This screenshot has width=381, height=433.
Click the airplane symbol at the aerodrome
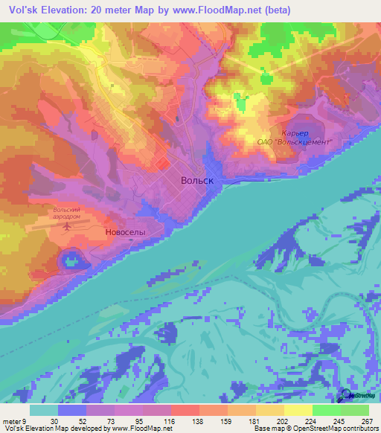[70, 225]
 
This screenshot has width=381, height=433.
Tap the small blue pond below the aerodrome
[71, 260]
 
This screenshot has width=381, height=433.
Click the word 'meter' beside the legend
[12, 420]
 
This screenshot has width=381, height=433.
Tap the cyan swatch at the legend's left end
[45, 409]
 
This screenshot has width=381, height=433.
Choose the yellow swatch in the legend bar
[298, 409]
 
